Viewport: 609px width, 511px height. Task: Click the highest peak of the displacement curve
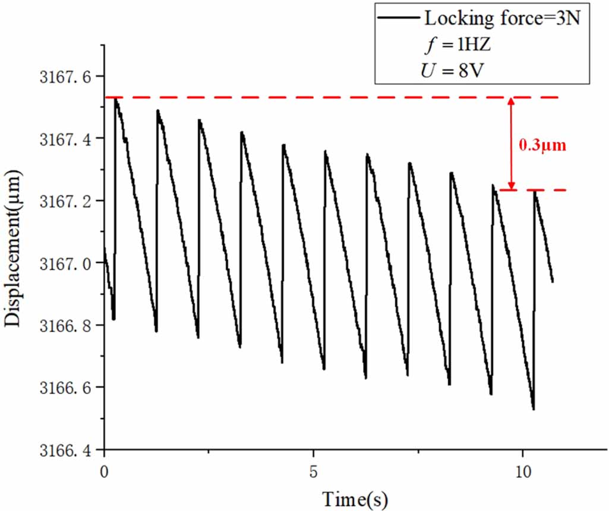pos(115,99)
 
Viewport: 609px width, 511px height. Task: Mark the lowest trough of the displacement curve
pos(534,409)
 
